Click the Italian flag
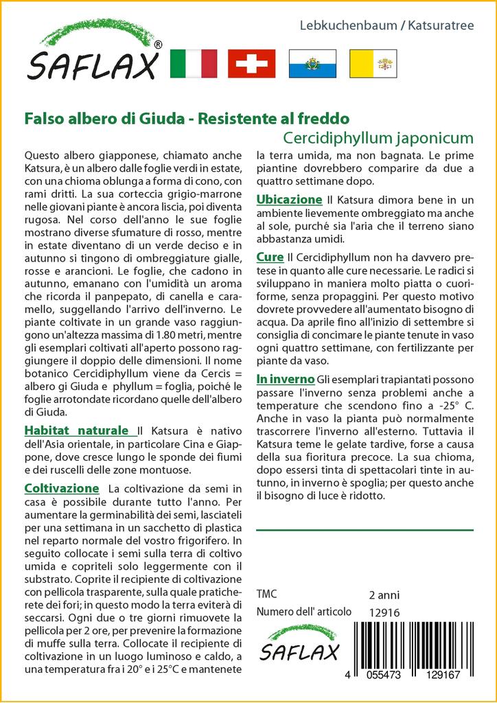(192, 64)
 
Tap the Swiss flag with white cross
(251, 64)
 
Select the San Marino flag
(310, 64)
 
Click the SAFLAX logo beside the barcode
(299, 643)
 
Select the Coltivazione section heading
(62, 488)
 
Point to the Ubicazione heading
(289, 199)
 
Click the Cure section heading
(269, 257)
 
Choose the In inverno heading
(286, 379)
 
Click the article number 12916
(384, 612)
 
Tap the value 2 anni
(384, 595)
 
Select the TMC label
(266, 595)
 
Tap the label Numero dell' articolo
(303, 612)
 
